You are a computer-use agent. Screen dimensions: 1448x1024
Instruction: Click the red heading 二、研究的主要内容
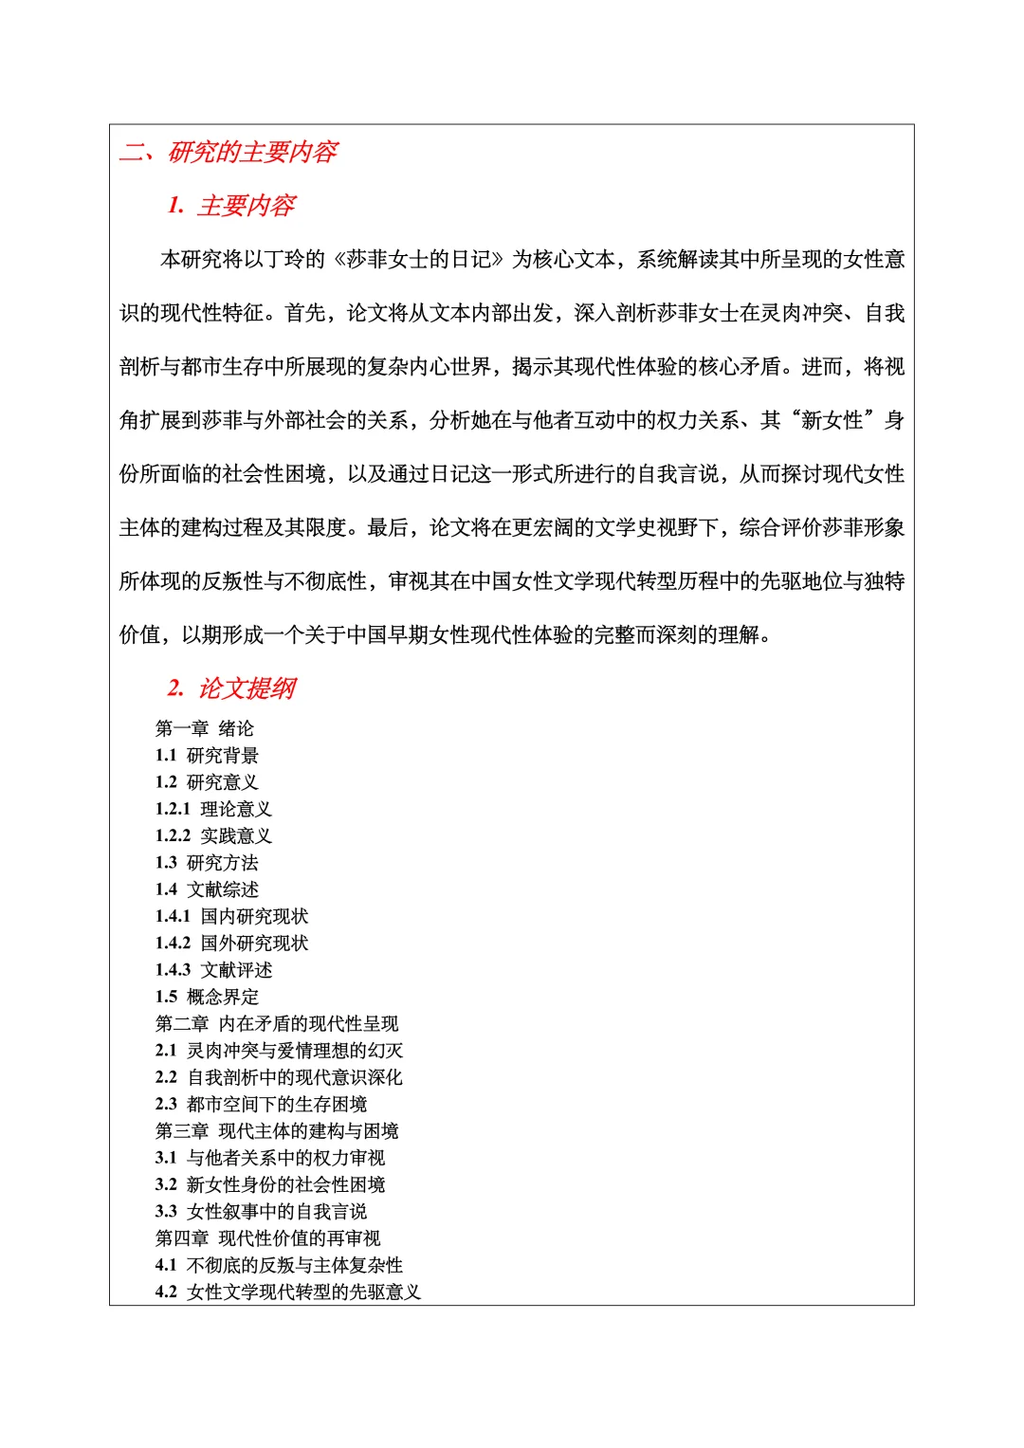(x=229, y=152)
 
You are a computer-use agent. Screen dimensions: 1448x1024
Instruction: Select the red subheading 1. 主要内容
(x=231, y=206)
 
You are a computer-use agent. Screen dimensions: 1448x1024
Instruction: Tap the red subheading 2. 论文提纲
(x=231, y=688)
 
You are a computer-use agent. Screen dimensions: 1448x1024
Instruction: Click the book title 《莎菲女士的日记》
(x=419, y=260)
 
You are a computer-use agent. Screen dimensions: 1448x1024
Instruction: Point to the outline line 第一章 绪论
(x=205, y=728)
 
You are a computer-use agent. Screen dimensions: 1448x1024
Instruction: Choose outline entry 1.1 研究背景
(x=207, y=756)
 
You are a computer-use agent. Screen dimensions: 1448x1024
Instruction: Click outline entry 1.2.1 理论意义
(x=213, y=809)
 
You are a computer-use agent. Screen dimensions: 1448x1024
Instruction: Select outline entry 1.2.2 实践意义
(x=213, y=835)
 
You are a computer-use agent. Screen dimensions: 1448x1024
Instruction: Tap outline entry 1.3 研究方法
(x=207, y=863)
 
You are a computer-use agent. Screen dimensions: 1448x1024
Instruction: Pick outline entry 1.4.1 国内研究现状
(x=231, y=916)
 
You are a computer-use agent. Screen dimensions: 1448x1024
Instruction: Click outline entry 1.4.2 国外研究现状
(x=231, y=943)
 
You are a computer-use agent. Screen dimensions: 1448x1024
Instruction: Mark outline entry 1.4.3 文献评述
(x=213, y=970)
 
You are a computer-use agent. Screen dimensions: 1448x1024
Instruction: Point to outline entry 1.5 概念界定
(x=207, y=997)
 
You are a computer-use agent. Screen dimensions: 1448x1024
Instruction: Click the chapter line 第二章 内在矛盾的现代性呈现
(x=277, y=1023)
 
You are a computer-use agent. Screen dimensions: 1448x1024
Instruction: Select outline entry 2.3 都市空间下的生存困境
(x=261, y=1104)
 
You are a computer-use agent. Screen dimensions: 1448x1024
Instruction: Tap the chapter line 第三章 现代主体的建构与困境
(x=277, y=1130)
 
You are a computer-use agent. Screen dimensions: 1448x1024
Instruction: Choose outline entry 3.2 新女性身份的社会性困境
(x=270, y=1184)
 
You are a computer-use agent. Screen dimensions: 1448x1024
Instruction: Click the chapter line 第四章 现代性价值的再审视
(x=267, y=1238)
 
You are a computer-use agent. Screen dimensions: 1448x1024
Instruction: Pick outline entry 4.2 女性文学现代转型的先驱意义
(x=287, y=1292)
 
